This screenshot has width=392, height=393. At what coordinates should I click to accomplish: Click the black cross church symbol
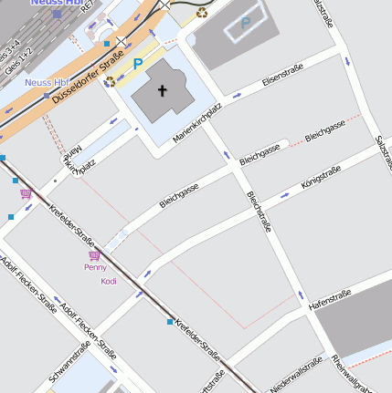(164, 90)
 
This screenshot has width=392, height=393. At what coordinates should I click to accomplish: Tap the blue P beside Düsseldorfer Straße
(138, 64)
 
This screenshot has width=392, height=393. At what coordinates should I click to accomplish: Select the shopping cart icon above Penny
(94, 256)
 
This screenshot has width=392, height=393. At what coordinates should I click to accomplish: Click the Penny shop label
(95, 268)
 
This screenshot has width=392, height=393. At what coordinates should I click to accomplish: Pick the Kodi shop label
(109, 281)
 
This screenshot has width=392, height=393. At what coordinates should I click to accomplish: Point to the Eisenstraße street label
(281, 79)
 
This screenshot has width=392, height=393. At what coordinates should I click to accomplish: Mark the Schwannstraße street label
(69, 361)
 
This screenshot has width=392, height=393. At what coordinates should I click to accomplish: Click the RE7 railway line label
(88, 6)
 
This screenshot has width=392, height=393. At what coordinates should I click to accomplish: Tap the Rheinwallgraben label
(362, 374)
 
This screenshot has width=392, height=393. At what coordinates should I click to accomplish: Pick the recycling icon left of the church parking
(110, 81)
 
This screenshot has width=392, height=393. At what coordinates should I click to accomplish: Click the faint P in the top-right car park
(245, 25)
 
